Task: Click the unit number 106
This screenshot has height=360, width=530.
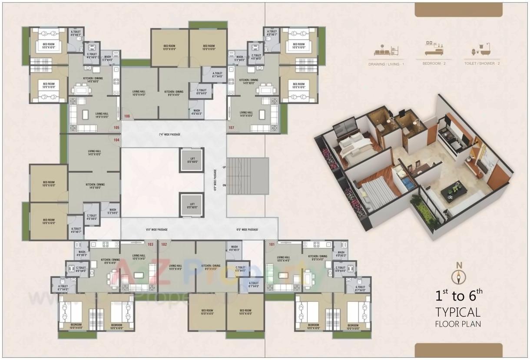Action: [x=127, y=116]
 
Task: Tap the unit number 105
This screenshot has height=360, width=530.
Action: [x=116, y=128]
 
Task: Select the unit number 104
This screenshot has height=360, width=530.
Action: [x=116, y=140]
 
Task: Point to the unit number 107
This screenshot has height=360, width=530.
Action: [x=231, y=128]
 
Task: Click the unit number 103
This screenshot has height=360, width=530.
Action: [x=151, y=244]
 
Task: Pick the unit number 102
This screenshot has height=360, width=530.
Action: [x=164, y=244]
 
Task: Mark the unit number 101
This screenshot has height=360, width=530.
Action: [x=272, y=244]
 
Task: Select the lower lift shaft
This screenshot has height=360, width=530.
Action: [x=192, y=205]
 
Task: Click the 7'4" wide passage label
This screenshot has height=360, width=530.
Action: [x=169, y=135]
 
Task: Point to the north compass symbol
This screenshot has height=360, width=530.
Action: [x=458, y=276]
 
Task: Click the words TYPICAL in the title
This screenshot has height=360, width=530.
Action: [x=458, y=312]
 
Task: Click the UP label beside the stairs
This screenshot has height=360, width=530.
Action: [x=224, y=167]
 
